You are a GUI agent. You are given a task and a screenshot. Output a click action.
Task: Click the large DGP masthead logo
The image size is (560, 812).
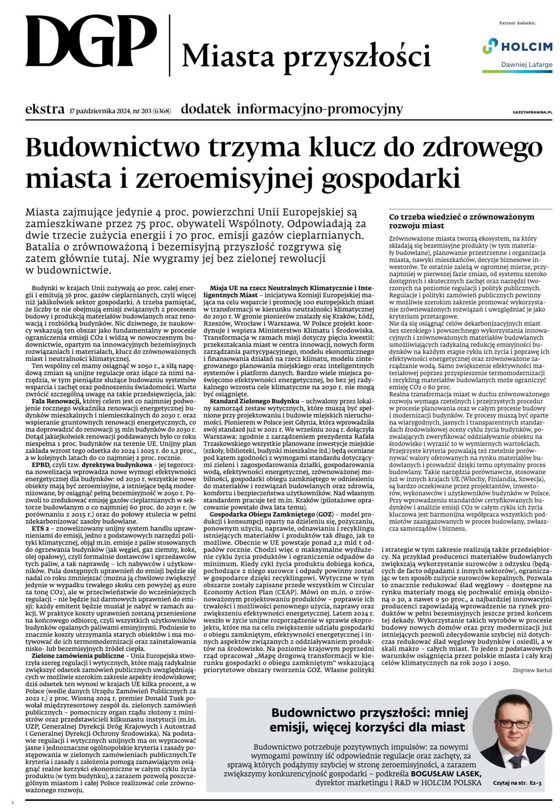tap(91, 43)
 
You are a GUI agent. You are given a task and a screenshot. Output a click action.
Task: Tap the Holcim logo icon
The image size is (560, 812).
tap(490, 46)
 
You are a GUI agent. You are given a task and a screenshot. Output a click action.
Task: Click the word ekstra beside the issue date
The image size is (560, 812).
tap(45, 109)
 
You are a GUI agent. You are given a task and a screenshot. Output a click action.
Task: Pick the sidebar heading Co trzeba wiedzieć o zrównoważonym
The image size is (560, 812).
tap(462, 217)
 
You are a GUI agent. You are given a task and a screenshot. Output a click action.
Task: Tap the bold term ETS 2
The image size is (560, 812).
tap(40, 528)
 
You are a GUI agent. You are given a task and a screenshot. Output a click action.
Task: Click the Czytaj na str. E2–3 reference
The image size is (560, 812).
tap(517, 784)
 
